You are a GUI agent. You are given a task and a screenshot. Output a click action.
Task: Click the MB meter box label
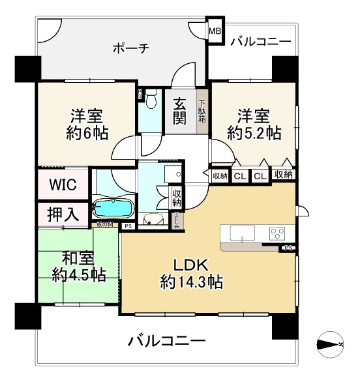pos(215,30)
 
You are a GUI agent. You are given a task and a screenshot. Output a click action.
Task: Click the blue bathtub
pos(113,209)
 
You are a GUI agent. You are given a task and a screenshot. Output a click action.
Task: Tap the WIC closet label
pos(64,184)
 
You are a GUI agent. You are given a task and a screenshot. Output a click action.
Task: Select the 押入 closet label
pos(64,213)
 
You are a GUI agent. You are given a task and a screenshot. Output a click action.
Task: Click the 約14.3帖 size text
pos(191,282)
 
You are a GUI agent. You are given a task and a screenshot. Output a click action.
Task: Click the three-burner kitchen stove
pos(277,234)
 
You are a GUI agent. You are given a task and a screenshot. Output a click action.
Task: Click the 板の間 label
pos(104,226)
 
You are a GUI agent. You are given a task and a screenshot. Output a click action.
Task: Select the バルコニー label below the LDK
pos(167,340)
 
